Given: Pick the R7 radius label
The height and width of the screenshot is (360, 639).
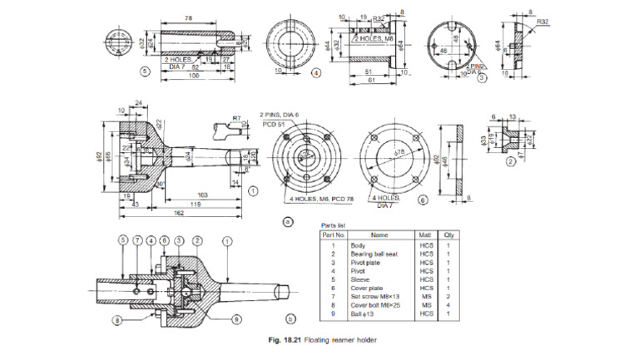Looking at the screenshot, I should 236,120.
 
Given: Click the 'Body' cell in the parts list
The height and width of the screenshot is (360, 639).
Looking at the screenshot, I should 359,245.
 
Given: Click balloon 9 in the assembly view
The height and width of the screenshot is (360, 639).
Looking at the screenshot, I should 238,317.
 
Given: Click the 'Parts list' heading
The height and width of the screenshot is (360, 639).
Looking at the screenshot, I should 334,225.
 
